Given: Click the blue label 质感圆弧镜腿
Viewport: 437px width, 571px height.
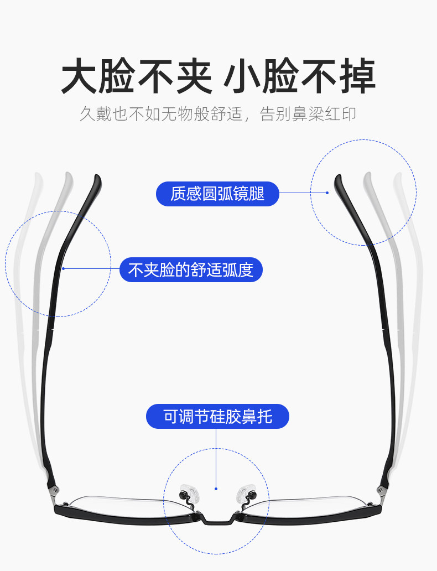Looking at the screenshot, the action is [217, 194].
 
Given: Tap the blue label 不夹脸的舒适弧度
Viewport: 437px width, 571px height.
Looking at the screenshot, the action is [191, 270].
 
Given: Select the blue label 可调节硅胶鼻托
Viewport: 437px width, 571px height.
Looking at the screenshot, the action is [217, 416].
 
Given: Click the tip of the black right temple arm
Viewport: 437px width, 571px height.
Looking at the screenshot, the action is [338, 179].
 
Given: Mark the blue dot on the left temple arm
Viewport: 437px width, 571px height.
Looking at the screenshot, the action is [64, 268].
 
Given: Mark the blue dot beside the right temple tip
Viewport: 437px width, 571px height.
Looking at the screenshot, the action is [327, 193].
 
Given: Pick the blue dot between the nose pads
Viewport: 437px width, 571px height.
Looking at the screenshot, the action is [217, 488].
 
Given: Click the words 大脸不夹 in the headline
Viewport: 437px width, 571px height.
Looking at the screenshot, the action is [136, 77].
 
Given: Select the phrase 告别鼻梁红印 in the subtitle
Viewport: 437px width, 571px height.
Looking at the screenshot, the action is [308, 115].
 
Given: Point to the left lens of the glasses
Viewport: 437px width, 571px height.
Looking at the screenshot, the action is [127, 506].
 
